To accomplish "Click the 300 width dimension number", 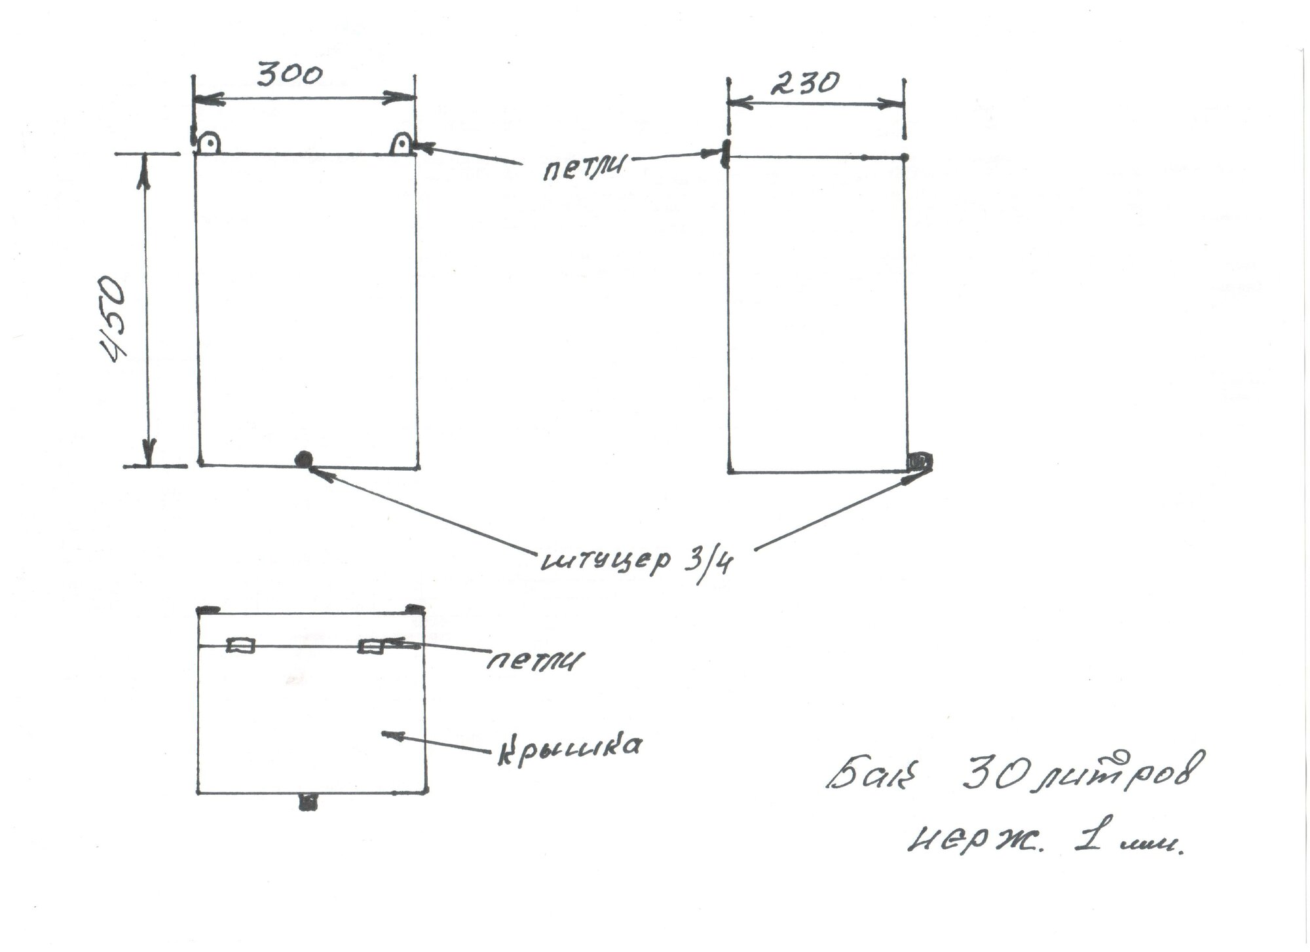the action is (x=289, y=73).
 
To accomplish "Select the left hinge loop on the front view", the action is (x=209, y=143).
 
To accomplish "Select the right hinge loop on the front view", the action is (x=402, y=143).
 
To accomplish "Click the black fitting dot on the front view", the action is (x=303, y=460).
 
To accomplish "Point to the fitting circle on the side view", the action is (x=920, y=461).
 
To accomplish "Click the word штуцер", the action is (x=606, y=560).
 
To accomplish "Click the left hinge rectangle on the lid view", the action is (x=240, y=646).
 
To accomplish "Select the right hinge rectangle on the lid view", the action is (x=371, y=646).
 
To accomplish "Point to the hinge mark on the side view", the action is (x=725, y=154).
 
